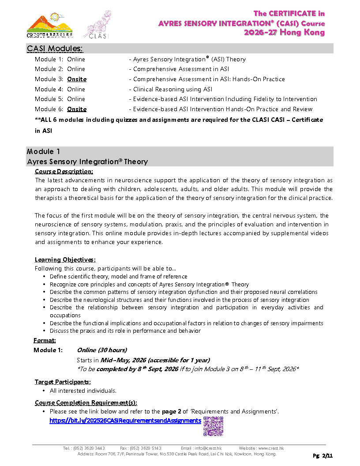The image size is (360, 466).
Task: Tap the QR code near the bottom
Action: coord(213,426)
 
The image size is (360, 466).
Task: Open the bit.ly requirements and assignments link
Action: coord(125,421)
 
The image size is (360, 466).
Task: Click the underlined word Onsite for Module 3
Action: coord(77,79)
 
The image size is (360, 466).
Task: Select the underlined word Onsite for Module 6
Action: coord(77,109)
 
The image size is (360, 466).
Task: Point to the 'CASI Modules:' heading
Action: coord(55,48)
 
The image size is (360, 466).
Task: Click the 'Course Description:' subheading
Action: coord(64,171)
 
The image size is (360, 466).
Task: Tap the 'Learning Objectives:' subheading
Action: coord(65,259)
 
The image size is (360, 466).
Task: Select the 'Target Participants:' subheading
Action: coord(63,382)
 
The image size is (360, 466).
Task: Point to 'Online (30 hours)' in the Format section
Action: coord(102,350)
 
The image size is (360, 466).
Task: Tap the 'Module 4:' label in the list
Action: coord(48,89)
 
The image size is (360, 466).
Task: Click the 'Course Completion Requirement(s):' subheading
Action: coord(86,402)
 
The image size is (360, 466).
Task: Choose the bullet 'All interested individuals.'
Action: coord(83,391)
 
